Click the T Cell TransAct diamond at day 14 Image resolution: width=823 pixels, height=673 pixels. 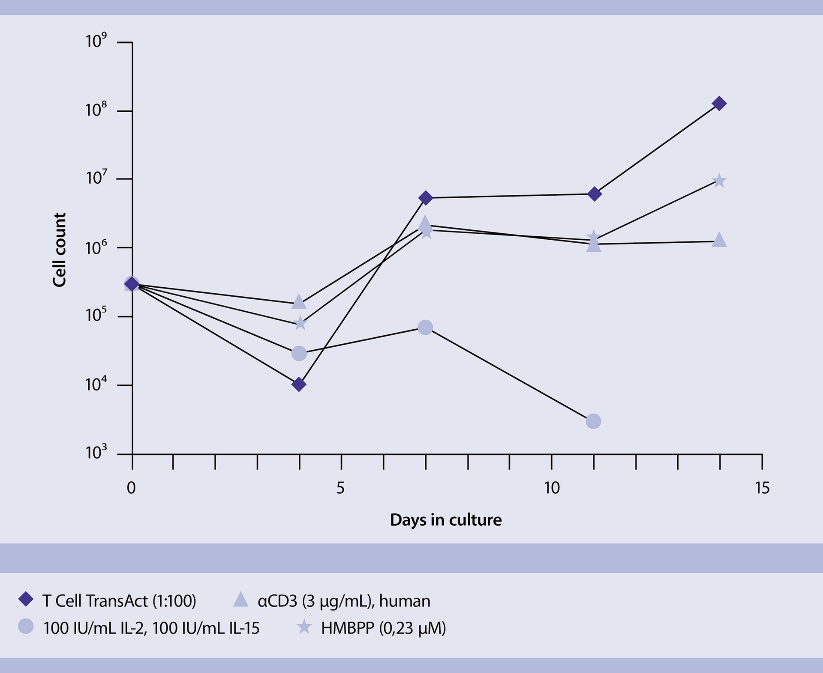pos(719,104)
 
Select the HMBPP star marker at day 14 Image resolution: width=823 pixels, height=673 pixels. pos(719,181)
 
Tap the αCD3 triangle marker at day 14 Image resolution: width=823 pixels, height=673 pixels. pos(719,240)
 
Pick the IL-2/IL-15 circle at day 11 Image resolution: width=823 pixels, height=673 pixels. pos(593,421)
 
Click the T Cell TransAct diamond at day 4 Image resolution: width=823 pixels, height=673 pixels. pos(299,384)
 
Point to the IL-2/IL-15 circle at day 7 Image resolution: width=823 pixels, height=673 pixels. pos(425,328)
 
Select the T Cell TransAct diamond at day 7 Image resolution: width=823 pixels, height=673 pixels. pos(426,198)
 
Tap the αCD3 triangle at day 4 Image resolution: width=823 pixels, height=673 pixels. pos(299,302)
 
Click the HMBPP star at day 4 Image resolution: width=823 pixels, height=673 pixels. pos(300,323)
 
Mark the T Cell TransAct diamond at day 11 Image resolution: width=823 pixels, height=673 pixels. pos(594,194)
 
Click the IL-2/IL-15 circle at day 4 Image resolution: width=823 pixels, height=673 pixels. pos(299,354)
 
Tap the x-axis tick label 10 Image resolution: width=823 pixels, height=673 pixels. pos(552,488)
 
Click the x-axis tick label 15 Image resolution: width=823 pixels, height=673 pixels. pos(762,488)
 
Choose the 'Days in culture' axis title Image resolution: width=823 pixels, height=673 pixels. pos(446,520)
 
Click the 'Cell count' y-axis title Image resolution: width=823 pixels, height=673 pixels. pos(60,250)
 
